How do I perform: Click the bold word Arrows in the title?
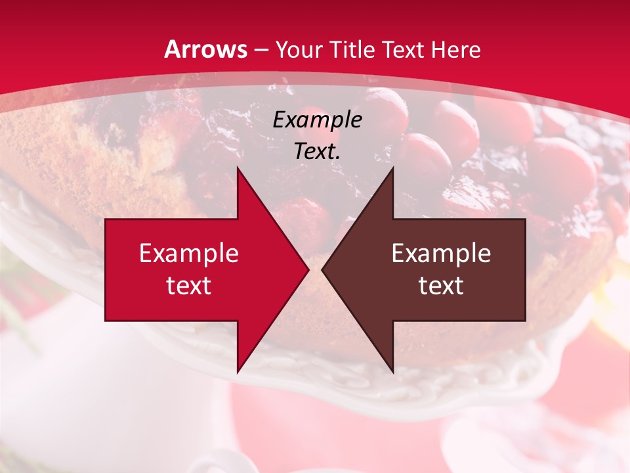[x=206, y=50]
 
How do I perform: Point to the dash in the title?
[x=261, y=50]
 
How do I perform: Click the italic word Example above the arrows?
[x=317, y=120]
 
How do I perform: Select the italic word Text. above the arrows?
[x=317, y=152]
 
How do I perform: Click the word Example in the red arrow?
[x=189, y=254]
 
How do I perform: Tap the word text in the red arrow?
[x=189, y=286]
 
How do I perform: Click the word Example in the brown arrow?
[x=441, y=254]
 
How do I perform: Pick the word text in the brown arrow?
[x=441, y=286]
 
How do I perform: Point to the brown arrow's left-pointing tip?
[x=323, y=270]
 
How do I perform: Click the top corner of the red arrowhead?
[x=238, y=168]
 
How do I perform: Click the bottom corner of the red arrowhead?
[x=238, y=372]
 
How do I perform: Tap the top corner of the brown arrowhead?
[x=392, y=168]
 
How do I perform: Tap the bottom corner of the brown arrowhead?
[x=392, y=372]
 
